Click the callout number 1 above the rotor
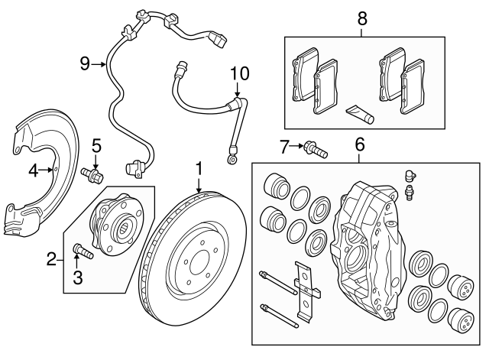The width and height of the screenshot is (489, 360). coord(199,167)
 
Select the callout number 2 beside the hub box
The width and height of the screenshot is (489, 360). coord(52,261)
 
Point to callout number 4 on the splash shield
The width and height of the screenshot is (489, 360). coord(34,170)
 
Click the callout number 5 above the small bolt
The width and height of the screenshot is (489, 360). coord(96,144)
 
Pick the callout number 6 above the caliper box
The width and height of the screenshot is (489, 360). coord(360,143)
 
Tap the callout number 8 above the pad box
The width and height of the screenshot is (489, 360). coord(361,17)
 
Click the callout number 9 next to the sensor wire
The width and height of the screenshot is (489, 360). coord(86,63)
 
